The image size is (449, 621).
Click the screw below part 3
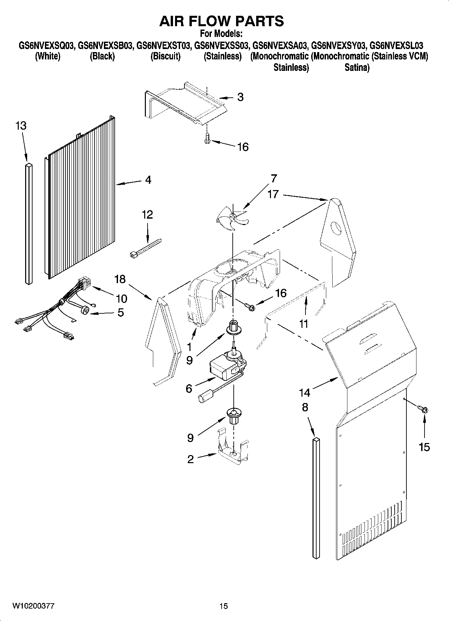pos(207,138)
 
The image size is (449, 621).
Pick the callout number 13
pos(21,126)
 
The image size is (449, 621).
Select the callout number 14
pos(304,392)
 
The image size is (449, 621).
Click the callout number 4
pos(148,180)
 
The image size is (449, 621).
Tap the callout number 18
pos(120,279)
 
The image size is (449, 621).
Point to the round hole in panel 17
pos(336,228)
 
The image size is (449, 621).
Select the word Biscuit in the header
pos(165,56)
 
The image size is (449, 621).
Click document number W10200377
pos(33,606)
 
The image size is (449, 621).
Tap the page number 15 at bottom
pos(224,606)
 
